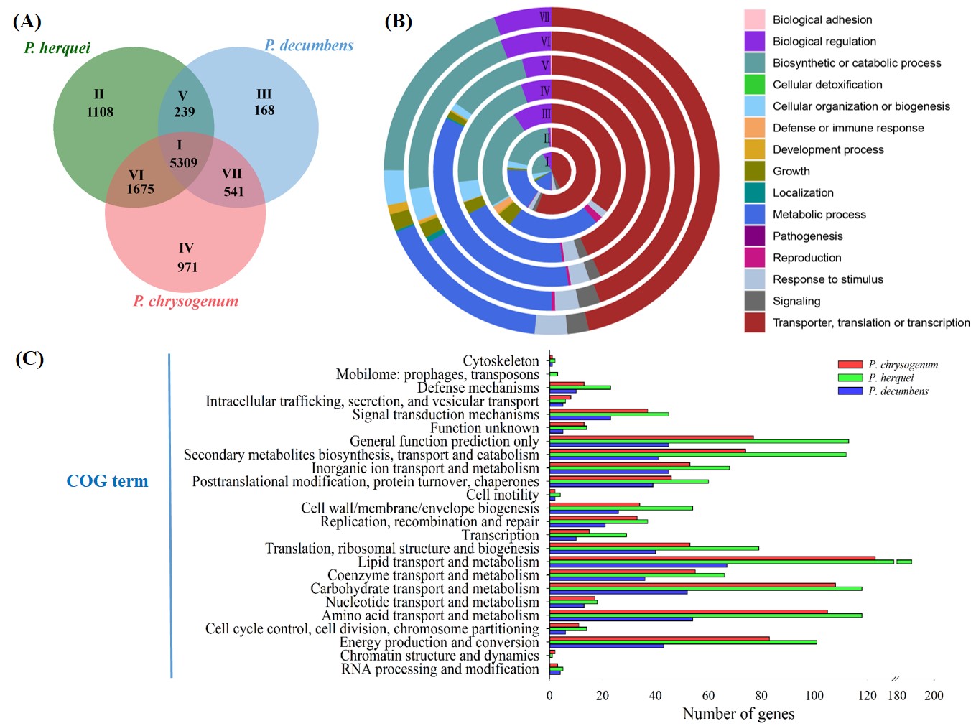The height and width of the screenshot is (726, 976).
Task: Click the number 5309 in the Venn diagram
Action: [183, 163]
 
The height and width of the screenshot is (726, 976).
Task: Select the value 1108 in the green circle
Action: [100, 112]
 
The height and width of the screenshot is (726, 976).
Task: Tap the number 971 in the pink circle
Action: [187, 267]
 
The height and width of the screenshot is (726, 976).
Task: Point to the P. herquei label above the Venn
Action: [57, 48]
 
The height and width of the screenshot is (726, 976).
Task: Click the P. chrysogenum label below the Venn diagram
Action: [185, 301]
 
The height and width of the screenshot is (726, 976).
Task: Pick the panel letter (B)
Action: [399, 21]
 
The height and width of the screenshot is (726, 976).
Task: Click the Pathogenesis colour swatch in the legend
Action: [754, 236]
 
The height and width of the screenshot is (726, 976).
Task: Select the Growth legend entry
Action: [791, 171]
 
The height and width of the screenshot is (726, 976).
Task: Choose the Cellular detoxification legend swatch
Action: [754, 85]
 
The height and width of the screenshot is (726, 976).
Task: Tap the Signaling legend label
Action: [796, 301]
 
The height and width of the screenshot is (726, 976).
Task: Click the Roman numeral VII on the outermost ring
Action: [544, 17]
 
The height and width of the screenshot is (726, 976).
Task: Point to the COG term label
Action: [107, 481]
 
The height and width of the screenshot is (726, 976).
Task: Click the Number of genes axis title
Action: [738, 713]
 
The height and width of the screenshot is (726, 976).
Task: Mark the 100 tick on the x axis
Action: [814, 695]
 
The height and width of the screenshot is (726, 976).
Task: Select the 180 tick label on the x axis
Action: [896, 695]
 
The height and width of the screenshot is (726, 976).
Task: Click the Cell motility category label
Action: [502, 495]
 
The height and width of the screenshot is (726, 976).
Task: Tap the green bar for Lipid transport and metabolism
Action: [722, 562]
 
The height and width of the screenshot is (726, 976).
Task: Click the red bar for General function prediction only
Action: [651, 437]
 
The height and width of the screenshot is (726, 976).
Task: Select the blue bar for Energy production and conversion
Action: [606, 646]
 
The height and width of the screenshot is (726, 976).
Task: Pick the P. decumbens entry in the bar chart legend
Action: [898, 391]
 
